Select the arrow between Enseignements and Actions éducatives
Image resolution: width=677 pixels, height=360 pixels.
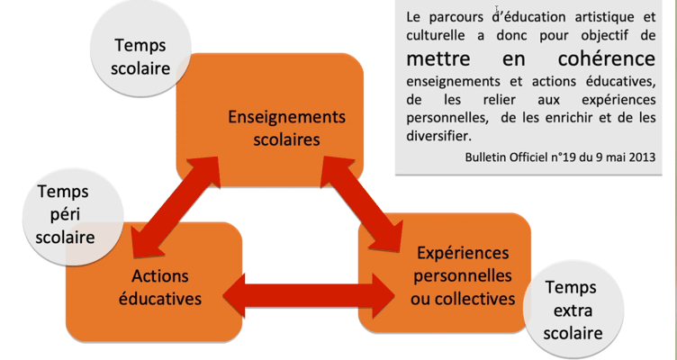176,205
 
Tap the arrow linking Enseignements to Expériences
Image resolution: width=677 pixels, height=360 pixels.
365,202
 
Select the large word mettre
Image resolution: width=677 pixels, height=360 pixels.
443,58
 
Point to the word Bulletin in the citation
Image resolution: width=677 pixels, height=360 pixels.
485,156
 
